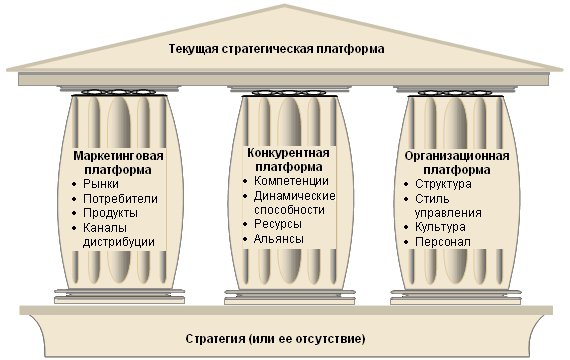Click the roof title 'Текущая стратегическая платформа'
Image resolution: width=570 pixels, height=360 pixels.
[x=276, y=49]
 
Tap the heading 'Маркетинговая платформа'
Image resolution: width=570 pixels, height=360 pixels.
[x=118, y=163]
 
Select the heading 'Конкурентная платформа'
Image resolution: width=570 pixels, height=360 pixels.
[x=288, y=160]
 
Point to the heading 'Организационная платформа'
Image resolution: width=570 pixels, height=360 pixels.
[x=457, y=163]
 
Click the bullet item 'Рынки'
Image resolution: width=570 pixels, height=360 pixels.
[x=101, y=184]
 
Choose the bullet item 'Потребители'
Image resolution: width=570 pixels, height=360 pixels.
[x=120, y=199]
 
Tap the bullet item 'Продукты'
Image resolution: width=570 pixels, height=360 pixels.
[x=110, y=213]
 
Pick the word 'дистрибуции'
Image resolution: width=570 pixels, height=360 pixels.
[x=119, y=242]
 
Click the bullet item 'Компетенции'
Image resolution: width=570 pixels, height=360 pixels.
[x=291, y=181]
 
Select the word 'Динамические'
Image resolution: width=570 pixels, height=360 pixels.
[x=294, y=196]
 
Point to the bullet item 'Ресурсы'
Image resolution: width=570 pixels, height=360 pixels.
[x=278, y=224]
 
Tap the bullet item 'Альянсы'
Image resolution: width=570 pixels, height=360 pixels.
[x=278, y=239]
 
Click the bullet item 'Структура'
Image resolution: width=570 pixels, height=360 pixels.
[x=443, y=184]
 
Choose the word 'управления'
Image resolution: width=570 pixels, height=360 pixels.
[x=448, y=213]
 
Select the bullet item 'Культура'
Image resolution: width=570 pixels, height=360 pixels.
[x=440, y=227]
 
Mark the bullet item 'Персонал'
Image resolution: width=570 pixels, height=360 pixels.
[x=443, y=242]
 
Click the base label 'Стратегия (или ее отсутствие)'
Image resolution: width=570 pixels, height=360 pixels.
[x=275, y=339]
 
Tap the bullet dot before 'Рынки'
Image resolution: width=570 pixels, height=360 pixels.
[x=75, y=185]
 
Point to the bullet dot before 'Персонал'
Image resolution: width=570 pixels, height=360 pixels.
[x=406, y=243]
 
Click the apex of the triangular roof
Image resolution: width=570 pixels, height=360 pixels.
[x=285, y=5]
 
